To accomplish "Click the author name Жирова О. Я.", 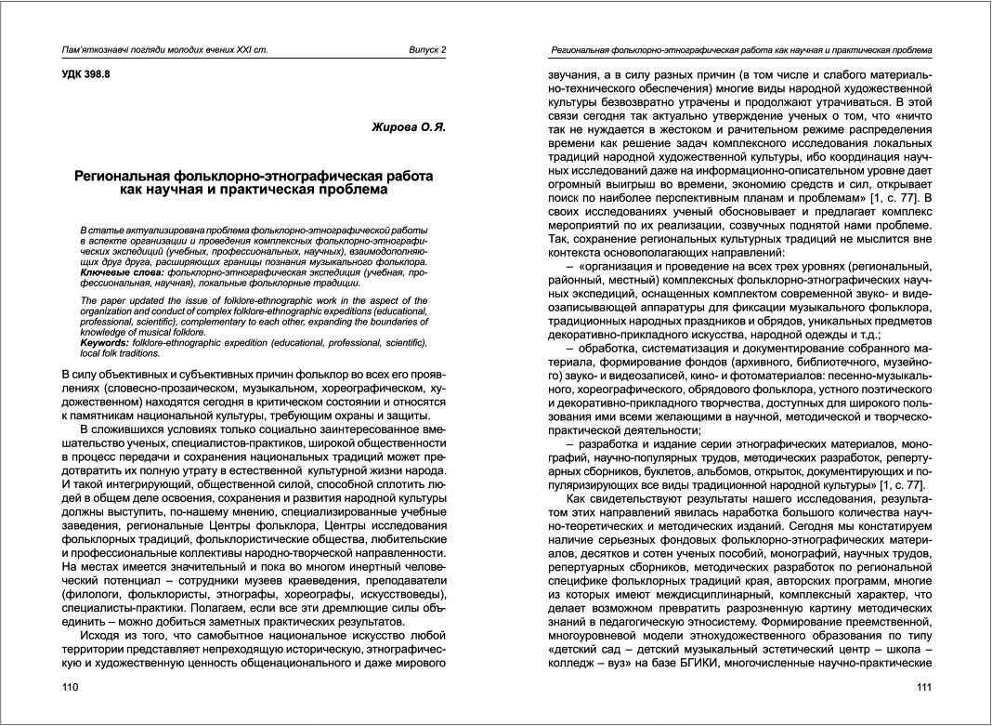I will click(409, 127).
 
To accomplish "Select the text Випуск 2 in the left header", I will click(427, 49).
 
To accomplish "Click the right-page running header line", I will click(741, 49).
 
